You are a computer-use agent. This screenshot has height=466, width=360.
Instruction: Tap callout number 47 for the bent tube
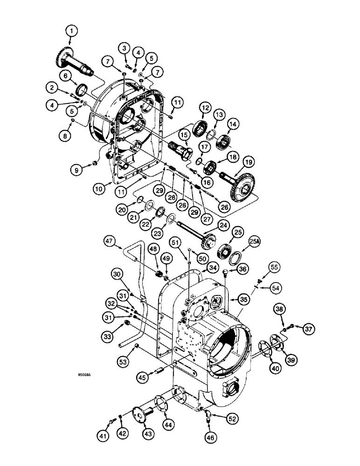(x=110, y=241)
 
